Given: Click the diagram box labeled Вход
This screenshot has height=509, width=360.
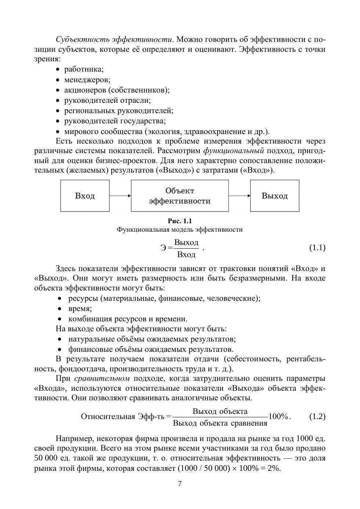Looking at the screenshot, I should point(85,196).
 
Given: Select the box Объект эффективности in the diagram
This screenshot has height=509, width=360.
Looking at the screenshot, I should point(180,196).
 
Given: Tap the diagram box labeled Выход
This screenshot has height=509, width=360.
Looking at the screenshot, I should point(274,196).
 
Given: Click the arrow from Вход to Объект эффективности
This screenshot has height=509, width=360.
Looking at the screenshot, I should point(120,196).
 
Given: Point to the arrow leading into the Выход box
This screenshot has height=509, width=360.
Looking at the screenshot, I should point(239,196).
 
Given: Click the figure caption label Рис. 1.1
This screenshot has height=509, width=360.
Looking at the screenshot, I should point(180,221).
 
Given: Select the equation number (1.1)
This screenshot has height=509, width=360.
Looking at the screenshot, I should point(317,248).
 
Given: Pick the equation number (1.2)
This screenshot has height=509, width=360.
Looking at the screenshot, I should point(317,416).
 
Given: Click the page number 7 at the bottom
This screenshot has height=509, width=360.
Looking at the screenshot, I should point(180,483).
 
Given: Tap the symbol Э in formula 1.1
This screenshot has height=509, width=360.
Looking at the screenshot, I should point(163,248).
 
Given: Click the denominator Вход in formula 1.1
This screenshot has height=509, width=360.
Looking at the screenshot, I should point(186,254).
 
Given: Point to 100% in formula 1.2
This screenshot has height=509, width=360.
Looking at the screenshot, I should point(278,416).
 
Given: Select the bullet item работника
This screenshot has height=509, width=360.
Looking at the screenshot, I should point(84,69).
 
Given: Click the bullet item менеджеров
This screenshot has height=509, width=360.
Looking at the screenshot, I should point(87,79).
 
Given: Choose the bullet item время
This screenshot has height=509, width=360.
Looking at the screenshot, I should point(80,308).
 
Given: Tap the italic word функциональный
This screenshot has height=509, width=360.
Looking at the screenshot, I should point(234,151).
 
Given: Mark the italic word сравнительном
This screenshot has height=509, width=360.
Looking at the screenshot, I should point(102,378).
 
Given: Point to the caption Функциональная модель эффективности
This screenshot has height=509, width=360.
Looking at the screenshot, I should point(180,230).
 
